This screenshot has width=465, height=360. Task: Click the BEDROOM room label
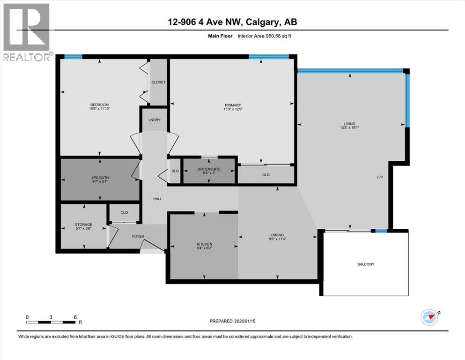pos(99,105)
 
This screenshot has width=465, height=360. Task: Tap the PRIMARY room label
pos(232,105)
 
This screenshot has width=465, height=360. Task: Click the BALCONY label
pos(365,264)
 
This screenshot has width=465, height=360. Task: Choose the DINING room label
pos(277,235)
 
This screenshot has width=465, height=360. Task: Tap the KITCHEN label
pos(204,244)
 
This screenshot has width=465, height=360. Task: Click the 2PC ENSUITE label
pos(208,169)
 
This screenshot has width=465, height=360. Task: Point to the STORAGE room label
pos(83,225)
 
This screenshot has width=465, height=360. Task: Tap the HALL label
pos(157,199)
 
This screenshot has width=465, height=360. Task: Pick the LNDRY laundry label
pos(155,120)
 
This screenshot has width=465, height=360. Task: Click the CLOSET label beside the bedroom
pos(158,82)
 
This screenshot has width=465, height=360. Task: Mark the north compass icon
pos(430,317)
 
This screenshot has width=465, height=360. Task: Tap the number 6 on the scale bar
pos(75,316)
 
